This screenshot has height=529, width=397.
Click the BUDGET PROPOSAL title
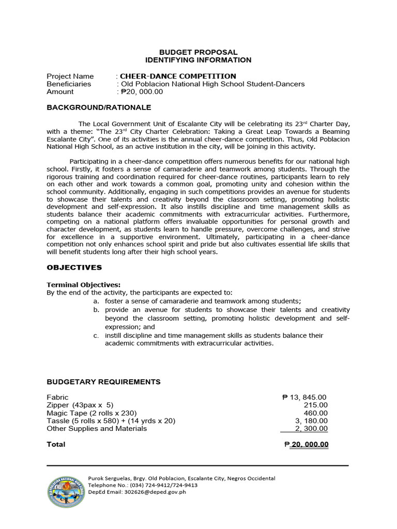click(198, 52)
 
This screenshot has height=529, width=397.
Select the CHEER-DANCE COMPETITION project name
click(178, 76)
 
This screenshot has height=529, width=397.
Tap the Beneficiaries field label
click(69, 84)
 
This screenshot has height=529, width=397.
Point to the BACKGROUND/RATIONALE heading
click(99, 107)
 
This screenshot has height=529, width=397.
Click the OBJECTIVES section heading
click(74, 267)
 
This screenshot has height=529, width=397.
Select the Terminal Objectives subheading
click(84, 285)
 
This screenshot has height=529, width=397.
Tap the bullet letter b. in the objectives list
click(96, 310)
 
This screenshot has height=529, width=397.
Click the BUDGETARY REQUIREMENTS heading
click(103, 382)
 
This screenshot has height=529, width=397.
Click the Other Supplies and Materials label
click(97, 428)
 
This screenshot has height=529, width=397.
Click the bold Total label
click(56, 444)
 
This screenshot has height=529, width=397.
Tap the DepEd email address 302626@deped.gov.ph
click(154, 492)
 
